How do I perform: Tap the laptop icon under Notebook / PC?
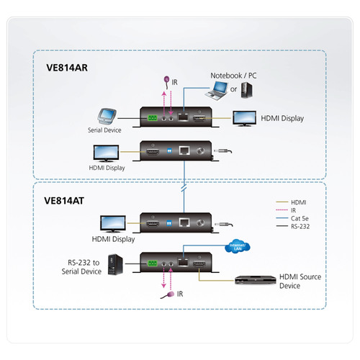tap(216, 91)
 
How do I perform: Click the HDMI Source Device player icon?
tap(251, 278)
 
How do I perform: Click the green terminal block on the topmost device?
tap(152, 117)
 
